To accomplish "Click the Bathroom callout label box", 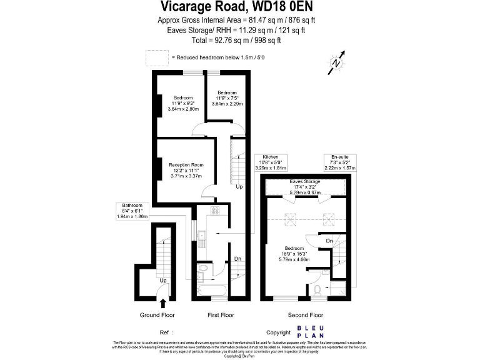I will click(132, 211).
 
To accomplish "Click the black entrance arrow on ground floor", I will click(163, 303).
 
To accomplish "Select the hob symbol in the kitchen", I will click(214, 211).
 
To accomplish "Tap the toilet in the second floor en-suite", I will click(317, 289).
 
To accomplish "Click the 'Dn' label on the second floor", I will click(329, 241).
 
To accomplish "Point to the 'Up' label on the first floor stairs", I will click(239, 187).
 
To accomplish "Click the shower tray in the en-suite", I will click(338, 287).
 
